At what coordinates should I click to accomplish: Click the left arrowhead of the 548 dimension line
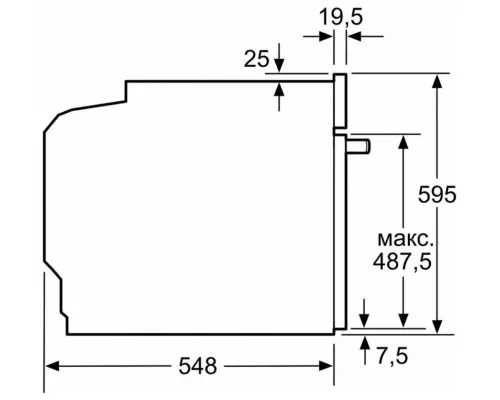pyautogui.click(x=52, y=366)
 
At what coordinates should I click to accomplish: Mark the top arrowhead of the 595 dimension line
pyautogui.click(x=437, y=79)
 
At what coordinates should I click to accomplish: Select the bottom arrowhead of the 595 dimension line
pyautogui.click(x=437, y=323)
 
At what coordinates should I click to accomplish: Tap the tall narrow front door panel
pyautogui.click(x=341, y=200)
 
